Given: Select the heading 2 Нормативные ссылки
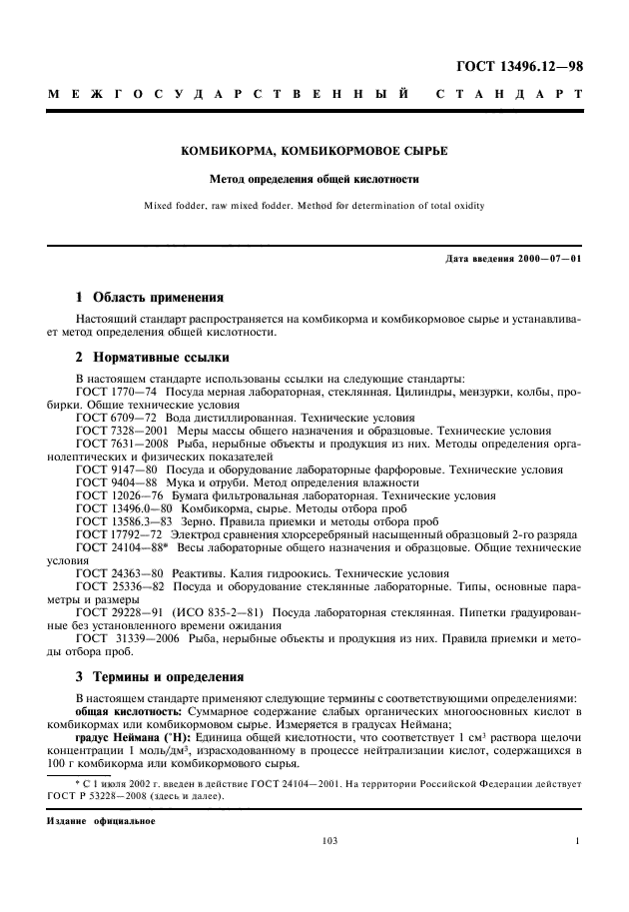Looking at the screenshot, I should pyautogui.click(x=153, y=357).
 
